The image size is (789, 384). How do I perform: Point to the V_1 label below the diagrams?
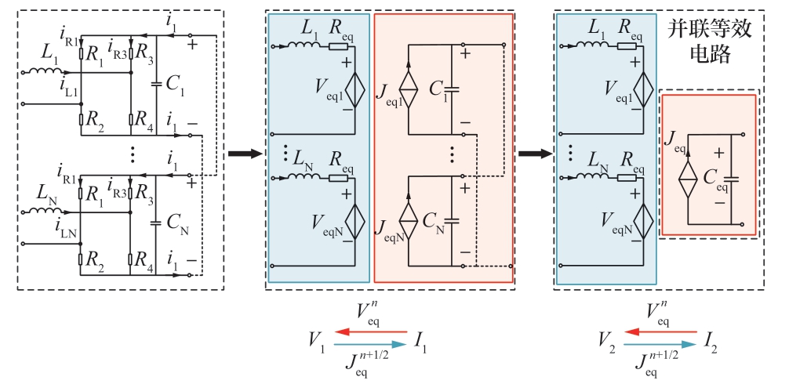[x=316, y=341]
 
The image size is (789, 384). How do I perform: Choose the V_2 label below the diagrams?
[x=605, y=341]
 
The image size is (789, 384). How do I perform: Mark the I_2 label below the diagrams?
[x=711, y=342]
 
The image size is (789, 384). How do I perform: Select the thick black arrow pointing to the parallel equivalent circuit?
[x=533, y=153]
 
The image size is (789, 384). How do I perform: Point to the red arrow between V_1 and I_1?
[x=370, y=331]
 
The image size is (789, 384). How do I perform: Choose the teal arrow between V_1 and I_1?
[x=370, y=344]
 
